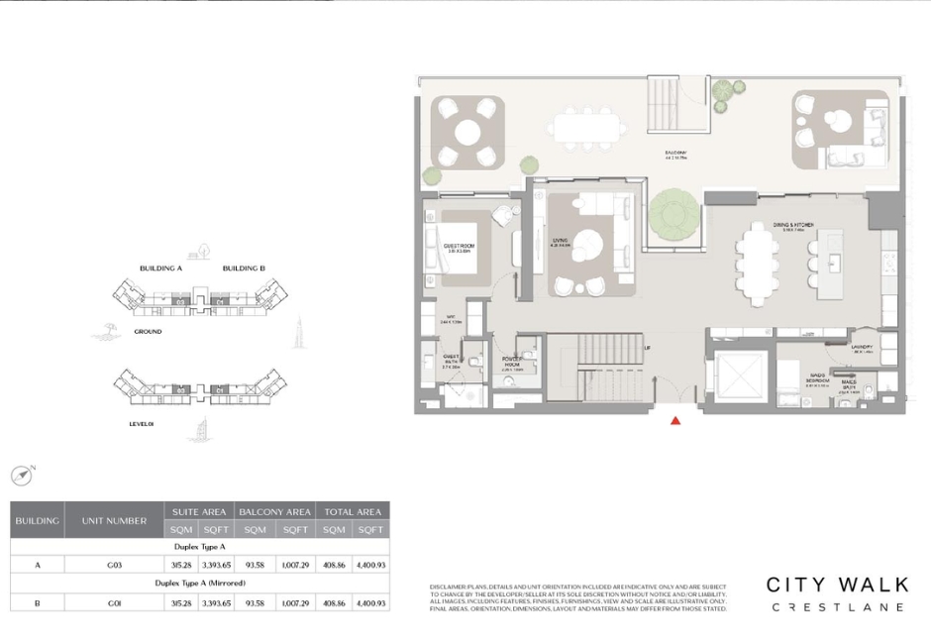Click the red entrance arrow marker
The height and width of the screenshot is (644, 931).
coord(675,420)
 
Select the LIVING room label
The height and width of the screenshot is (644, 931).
coord(559,241)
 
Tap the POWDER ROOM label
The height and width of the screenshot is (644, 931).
coord(511,362)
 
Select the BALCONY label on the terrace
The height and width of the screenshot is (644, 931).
coord(676,154)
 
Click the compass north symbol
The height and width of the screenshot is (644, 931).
coord(22,476)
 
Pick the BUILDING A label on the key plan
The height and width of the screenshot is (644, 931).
coord(160,268)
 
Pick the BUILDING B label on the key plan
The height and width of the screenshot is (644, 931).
coord(244,268)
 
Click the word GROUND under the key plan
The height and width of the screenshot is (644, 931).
coord(148,332)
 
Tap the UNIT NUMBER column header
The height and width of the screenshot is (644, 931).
coord(114,520)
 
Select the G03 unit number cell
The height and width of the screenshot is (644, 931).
coord(114,565)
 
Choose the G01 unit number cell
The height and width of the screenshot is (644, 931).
coord(114,602)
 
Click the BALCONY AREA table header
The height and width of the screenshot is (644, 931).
coord(274,511)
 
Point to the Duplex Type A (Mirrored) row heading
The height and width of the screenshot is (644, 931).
coord(200,584)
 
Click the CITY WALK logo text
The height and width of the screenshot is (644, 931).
coord(836,586)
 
